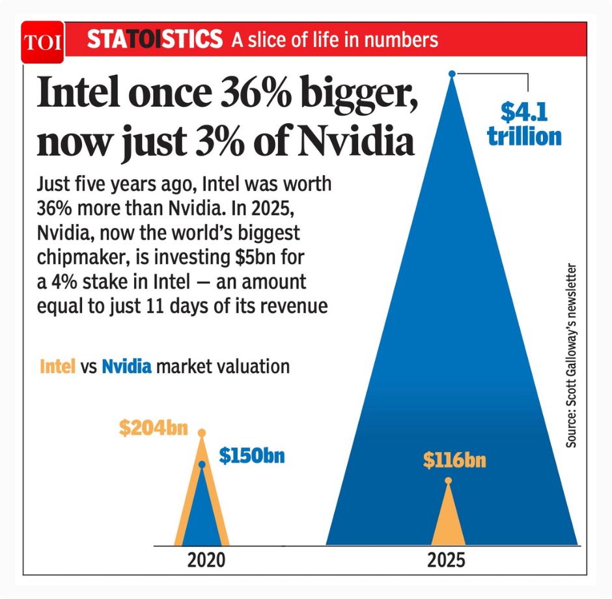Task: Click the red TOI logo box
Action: pos(42,42)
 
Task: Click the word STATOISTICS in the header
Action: pos(154,40)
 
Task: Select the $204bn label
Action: pos(153,428)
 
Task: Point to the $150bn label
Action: pos(252,455)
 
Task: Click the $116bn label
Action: pos(454,460)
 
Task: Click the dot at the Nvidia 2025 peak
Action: pos(452,74)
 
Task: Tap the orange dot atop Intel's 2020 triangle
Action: pos(202,432)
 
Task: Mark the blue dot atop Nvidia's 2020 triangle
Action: pos(202,464)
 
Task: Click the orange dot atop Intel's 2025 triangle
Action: pos(448,481)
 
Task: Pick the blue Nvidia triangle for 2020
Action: pos(202,514)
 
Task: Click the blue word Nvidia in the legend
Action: pos(126,367)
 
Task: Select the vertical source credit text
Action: pos(571,355)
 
